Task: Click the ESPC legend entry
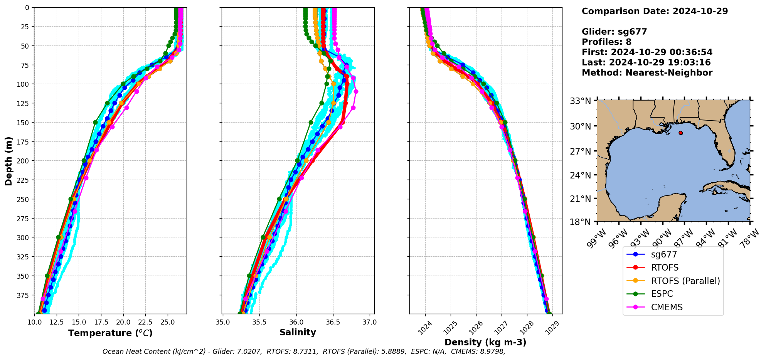662,294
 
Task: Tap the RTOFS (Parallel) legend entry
685,281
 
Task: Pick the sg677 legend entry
664,254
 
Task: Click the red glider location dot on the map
680,133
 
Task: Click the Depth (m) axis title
8,161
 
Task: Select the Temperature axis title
110,333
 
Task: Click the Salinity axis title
298,333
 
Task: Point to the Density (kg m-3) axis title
485,342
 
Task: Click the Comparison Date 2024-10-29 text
655,11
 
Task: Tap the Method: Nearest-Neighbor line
647,73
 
